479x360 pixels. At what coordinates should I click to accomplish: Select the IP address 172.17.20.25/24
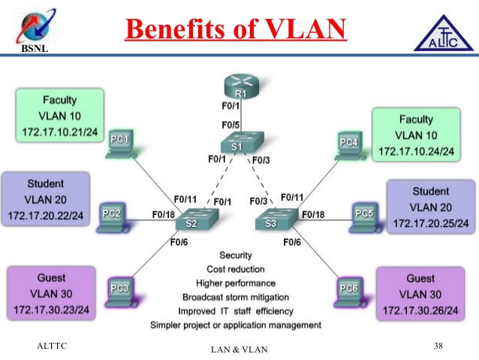430,223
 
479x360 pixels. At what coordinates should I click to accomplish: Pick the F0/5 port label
230,125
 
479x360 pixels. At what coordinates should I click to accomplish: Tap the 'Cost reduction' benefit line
235,269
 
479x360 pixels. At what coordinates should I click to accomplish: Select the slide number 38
438,345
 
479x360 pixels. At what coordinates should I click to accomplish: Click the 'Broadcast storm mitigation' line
235,297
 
